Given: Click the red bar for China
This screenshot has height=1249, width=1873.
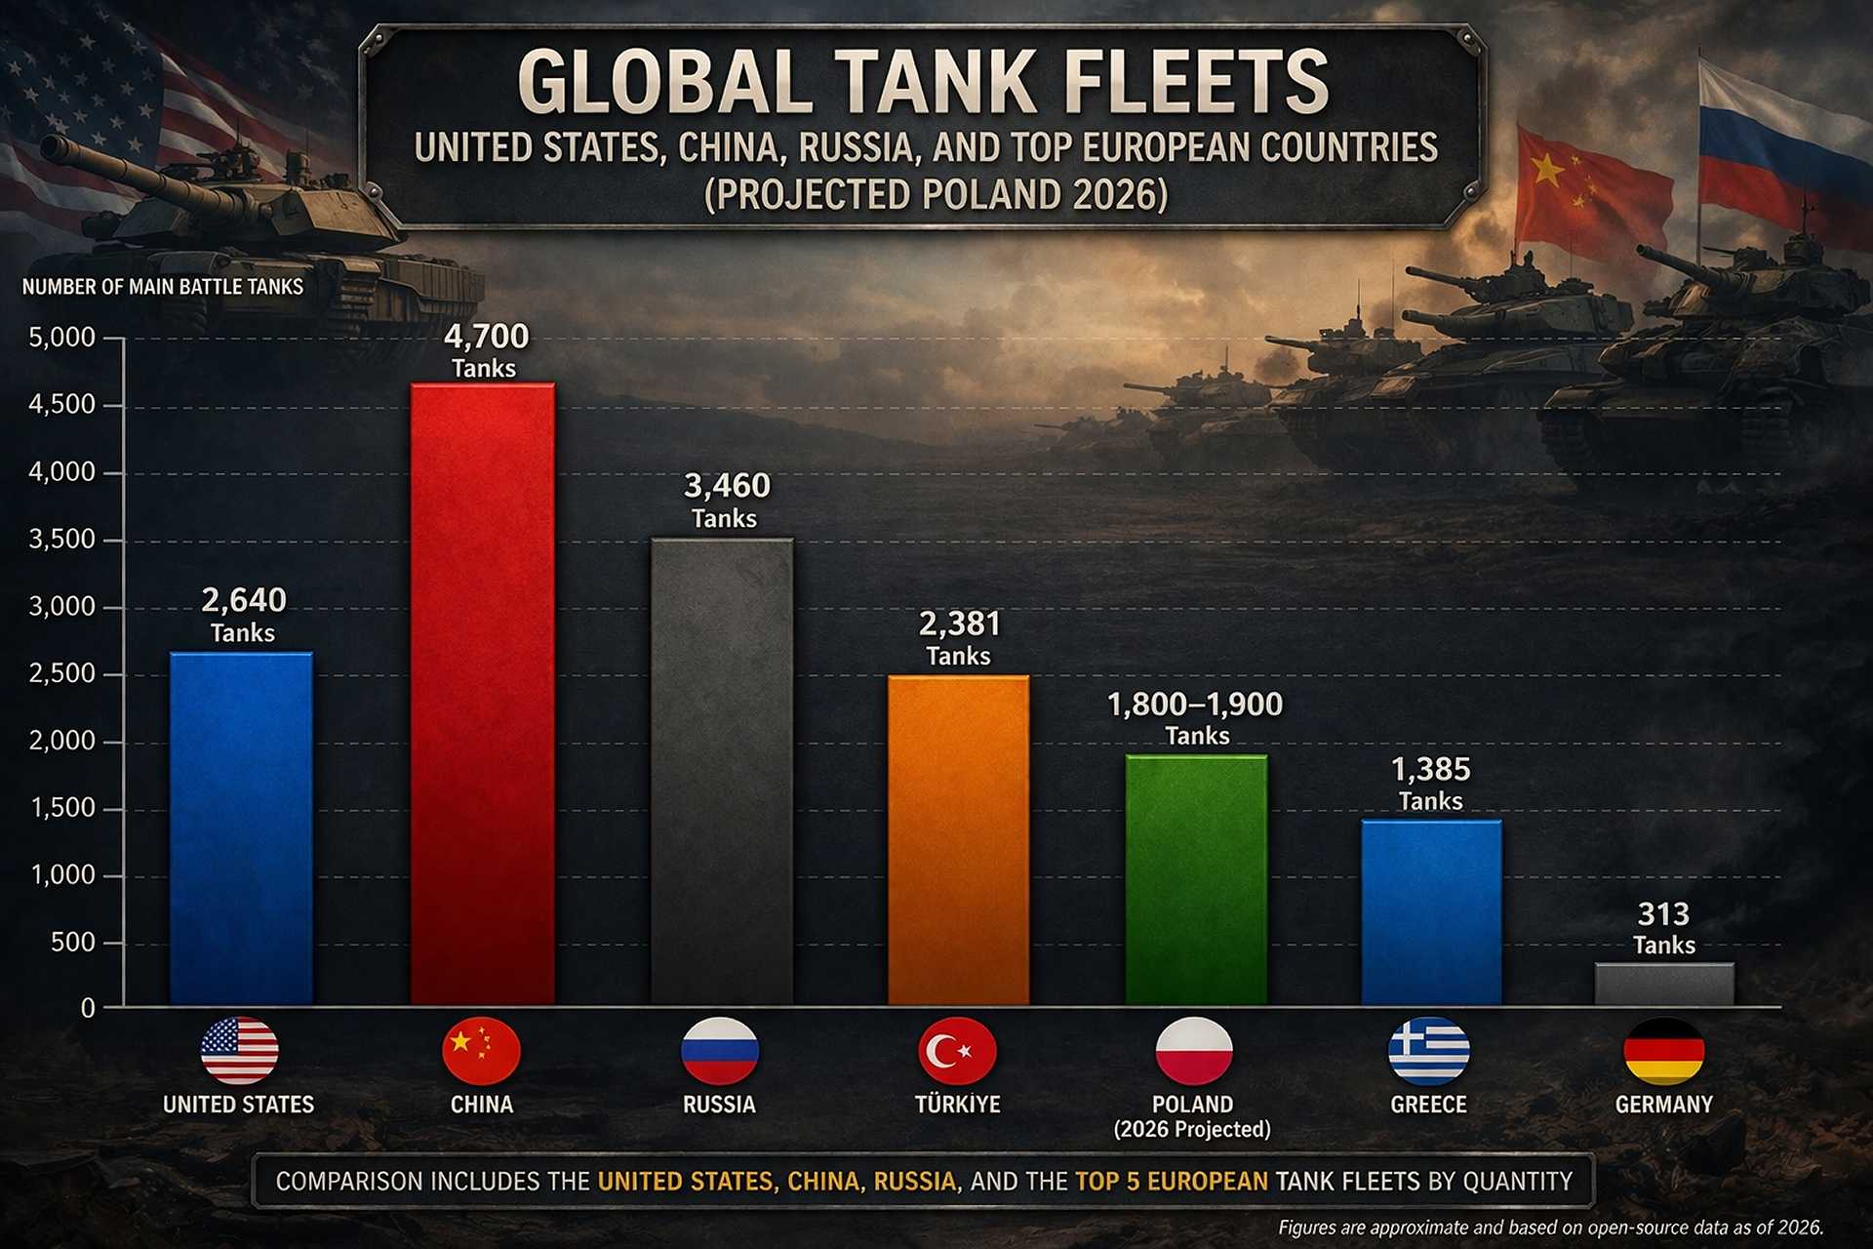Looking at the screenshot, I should point(482,693).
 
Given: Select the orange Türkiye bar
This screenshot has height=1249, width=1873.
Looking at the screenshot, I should point(958,839).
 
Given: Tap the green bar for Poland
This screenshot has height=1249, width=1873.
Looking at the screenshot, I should point(1196,878).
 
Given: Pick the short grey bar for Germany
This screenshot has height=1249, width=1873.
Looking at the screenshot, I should point(1664,984).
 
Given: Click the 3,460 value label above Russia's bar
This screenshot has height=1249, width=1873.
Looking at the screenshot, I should point(727,486).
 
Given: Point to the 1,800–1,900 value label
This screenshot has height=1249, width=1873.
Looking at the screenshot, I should point(1195,705).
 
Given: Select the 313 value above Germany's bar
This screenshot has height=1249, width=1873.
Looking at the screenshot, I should point(1663,914).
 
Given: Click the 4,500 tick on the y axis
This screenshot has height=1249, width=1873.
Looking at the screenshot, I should point(62,405).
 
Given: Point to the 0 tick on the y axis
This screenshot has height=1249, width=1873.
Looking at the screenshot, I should point(88,1009).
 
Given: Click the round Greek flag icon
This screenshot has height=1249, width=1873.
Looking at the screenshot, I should point(1428,1051).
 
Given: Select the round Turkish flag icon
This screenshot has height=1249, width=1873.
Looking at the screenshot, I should point(957,1051).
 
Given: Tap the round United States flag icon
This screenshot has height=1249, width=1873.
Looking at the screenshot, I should point(239,1051).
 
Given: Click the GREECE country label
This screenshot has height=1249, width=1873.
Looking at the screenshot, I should point(1428,1105).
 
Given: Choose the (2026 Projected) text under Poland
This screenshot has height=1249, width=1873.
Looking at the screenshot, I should point(1192,1130).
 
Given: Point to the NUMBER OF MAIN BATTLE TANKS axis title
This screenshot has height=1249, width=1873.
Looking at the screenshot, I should point(163,287).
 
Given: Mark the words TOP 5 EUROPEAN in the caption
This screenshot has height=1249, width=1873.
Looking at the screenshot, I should point(1172,1182).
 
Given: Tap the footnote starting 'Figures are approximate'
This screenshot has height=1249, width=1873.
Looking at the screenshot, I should point(1550,1228).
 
